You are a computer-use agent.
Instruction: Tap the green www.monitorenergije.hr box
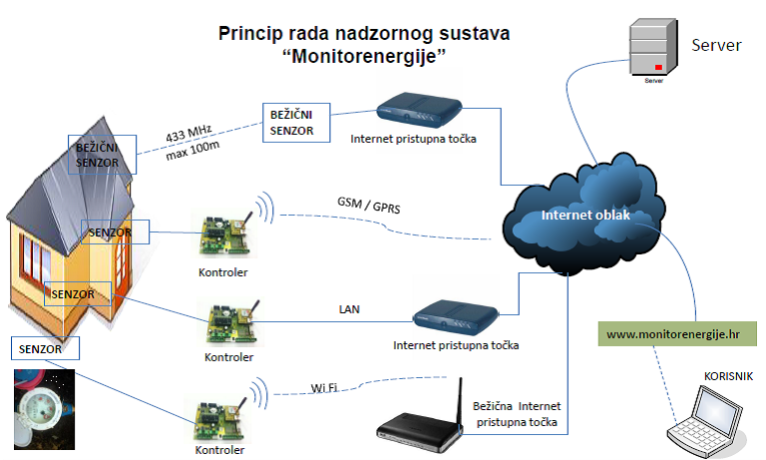tap(679, 333)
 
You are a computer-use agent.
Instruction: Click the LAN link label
tap(350, 310)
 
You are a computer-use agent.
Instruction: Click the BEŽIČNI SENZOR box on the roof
tap(97, 155)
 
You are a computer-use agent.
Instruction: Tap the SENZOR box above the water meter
tap(43, 348)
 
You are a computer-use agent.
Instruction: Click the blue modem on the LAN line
tap(455, 318)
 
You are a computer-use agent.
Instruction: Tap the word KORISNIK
tap(728, 375)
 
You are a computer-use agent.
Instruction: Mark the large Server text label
tap(716, 45)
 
